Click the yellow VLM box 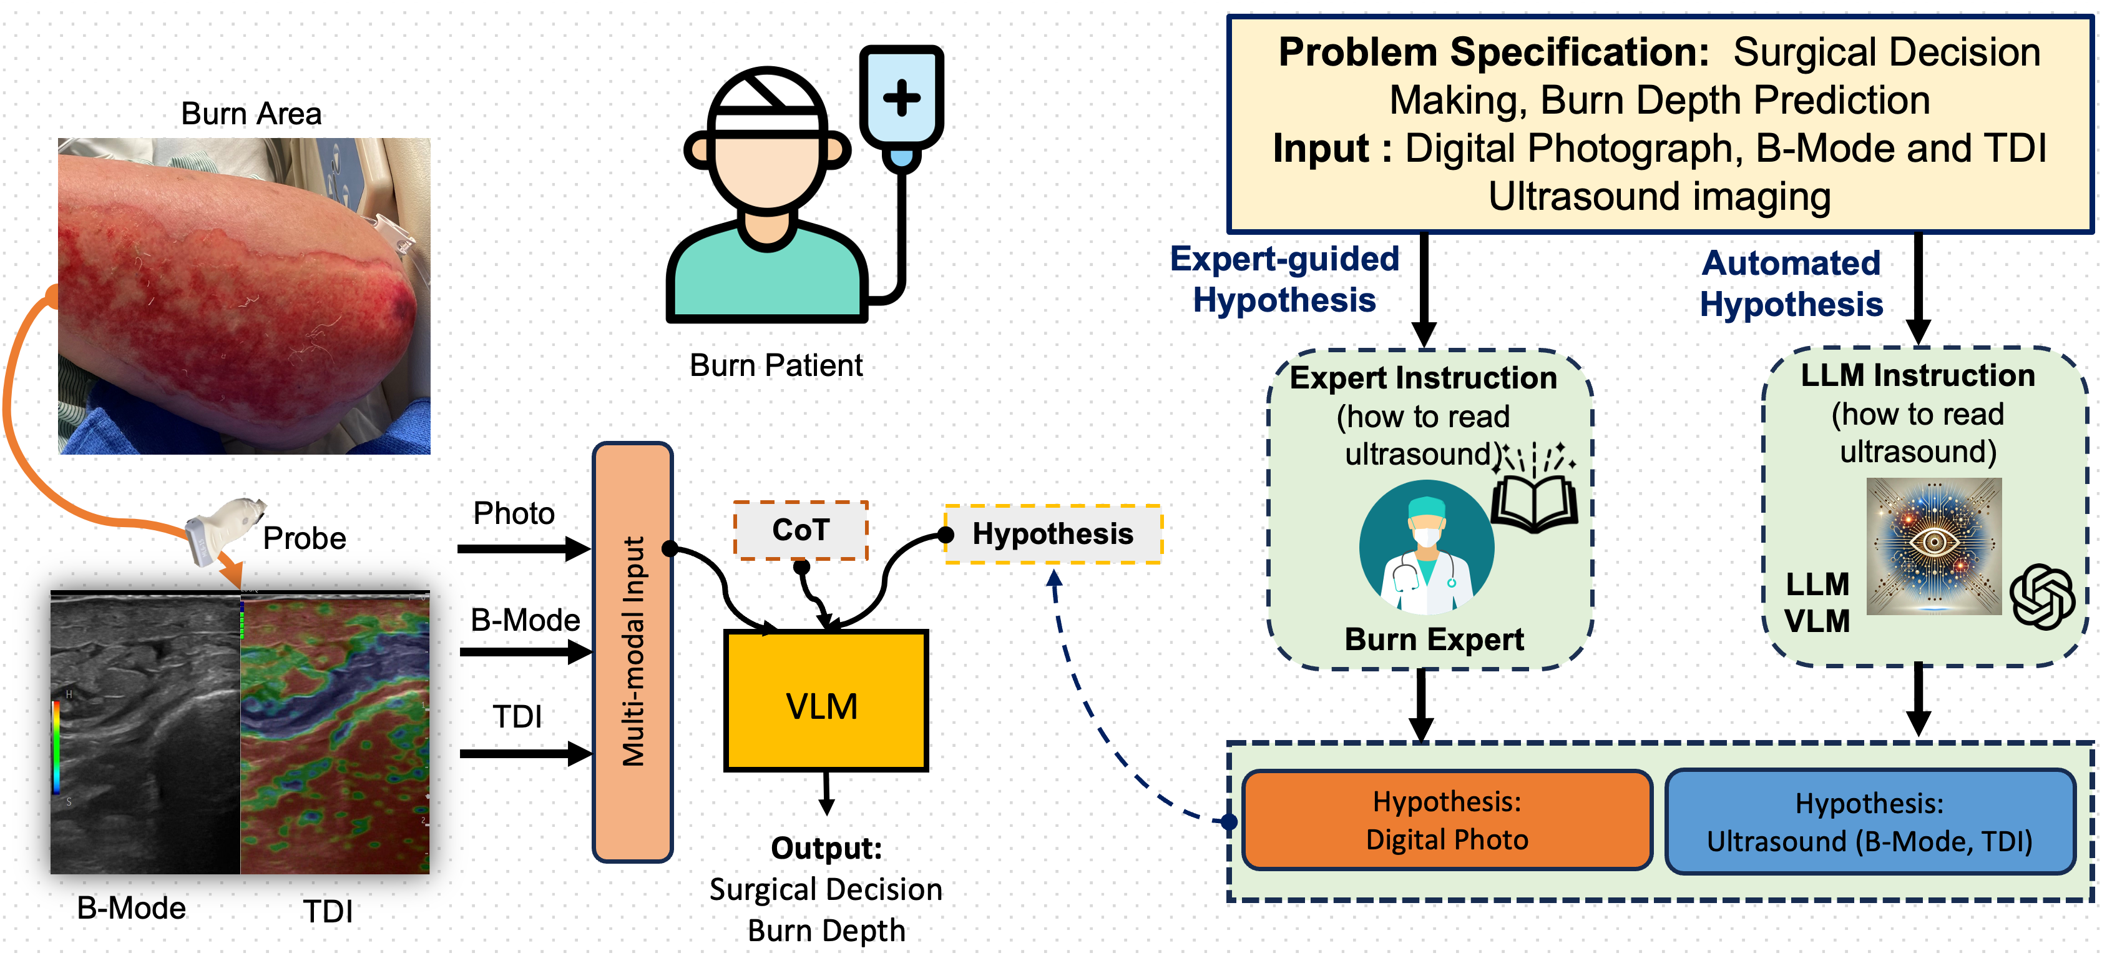tap(826, 700)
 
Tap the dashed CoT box tap(801, 531)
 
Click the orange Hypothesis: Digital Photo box tap(1447, 821)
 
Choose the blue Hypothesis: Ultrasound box tap(1869, 822)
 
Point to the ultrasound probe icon tap(222, 526)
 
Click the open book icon tap(1534, 503)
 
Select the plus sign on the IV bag tap(902, 98)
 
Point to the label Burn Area tap(252, 114)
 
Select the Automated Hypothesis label tap(1791, 284)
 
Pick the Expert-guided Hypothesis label tap(1284, 279)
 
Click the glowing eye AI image tap(1934, 545)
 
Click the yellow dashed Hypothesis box tap(1053, 534)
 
